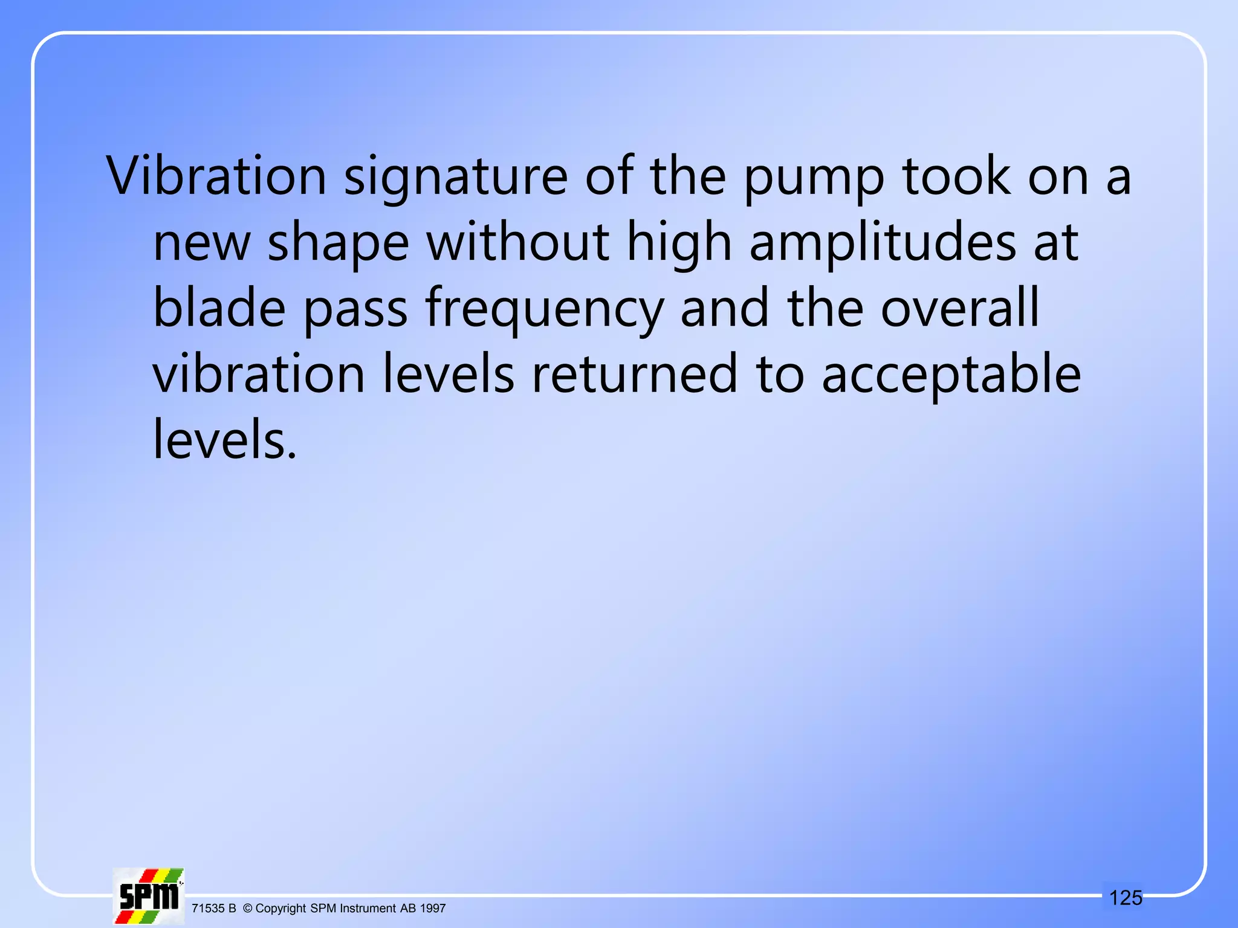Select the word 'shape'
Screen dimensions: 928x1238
point(339,243)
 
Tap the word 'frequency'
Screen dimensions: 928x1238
point(544,309)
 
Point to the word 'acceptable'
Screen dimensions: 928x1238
point(951,375)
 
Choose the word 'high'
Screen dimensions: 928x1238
point(679,243)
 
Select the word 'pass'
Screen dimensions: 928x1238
point(355,309)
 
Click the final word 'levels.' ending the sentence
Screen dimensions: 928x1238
point(225,439)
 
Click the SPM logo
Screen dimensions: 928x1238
point(149,896)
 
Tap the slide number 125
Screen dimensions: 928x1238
point(1126,898)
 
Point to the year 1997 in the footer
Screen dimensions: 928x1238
point(433,908)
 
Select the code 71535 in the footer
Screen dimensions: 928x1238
point(207,908)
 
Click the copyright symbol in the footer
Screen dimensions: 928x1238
point(247,908)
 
